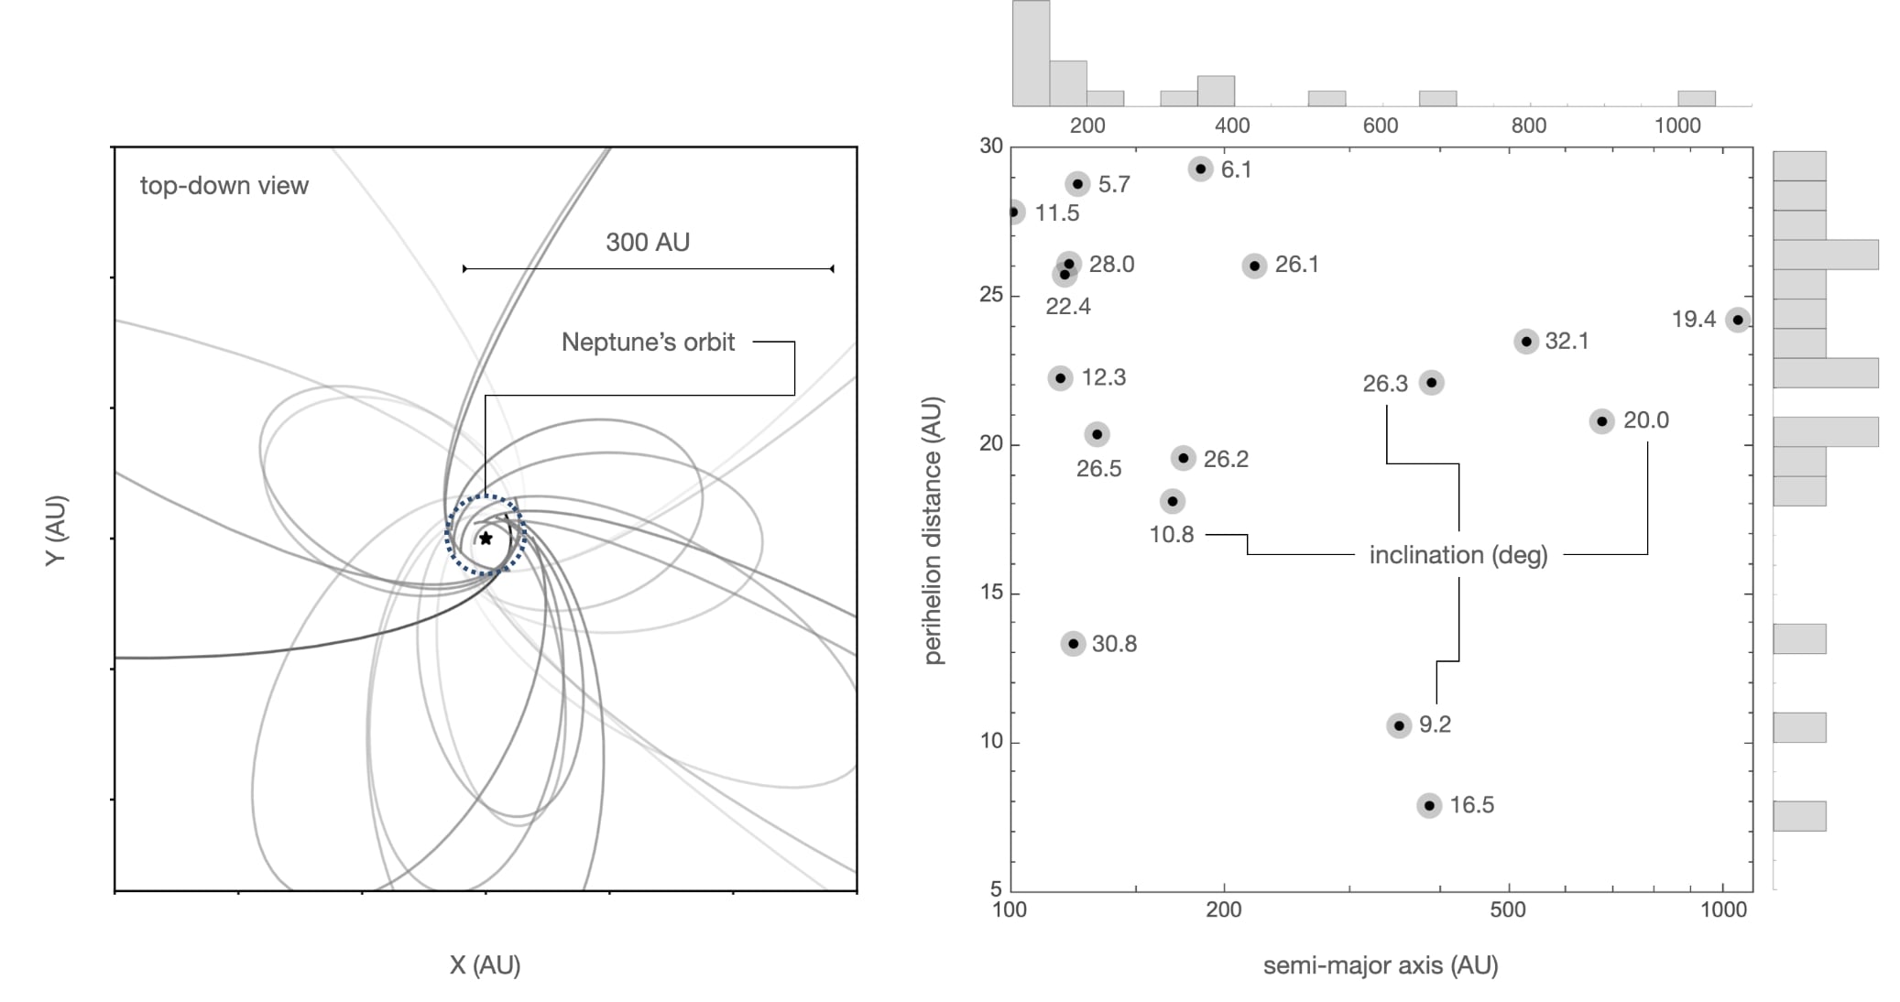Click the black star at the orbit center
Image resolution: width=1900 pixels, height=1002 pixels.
click(x=486, y=539)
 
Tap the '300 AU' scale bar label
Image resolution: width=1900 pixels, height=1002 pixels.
click(x=647, y=242)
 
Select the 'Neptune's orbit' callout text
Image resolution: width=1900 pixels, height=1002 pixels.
click(x=648, y=343)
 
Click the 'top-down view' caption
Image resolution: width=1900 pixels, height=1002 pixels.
click(x=224, y=186)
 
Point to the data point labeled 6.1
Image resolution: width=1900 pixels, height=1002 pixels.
click(x=1200, y=169)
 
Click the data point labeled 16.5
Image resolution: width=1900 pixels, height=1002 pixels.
click(x=1428, y=805)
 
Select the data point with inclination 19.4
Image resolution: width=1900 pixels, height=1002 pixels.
click(x=1737, y=320)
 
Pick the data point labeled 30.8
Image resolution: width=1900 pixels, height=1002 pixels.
click(x=1073, y=644)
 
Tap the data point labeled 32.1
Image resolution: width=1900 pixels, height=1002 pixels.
click(x=1525, y=342)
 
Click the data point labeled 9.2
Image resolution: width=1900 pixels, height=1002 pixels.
click(x=1398, y=725)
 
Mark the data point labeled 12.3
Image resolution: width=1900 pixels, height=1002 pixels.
click(x=1060, y=377)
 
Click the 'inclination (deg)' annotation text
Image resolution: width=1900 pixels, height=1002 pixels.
click(x=1458, y=555)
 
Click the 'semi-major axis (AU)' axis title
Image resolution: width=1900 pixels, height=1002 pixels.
click(x=1380, y=964)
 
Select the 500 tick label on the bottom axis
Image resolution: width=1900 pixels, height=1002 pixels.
click(x=1507, y=909)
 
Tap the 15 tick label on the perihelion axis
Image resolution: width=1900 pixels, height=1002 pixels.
click(x=991, y=593)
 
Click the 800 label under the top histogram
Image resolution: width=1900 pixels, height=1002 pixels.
click(x=1528, y=125)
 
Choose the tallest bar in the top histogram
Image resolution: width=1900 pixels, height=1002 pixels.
click(x=1031, y=53)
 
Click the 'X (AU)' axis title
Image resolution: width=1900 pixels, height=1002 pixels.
click(x=485, y=964)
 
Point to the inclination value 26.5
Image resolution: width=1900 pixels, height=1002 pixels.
click(x=1098, y=469)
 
